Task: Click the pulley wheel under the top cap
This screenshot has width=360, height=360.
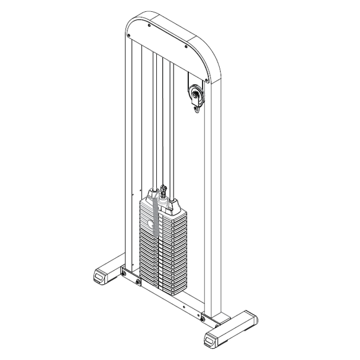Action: click(195, 94)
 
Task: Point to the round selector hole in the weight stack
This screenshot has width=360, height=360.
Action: click(150, 224)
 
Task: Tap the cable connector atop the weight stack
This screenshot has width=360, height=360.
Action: click(163, 191)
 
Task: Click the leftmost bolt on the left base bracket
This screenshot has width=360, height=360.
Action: click(123, 272)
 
